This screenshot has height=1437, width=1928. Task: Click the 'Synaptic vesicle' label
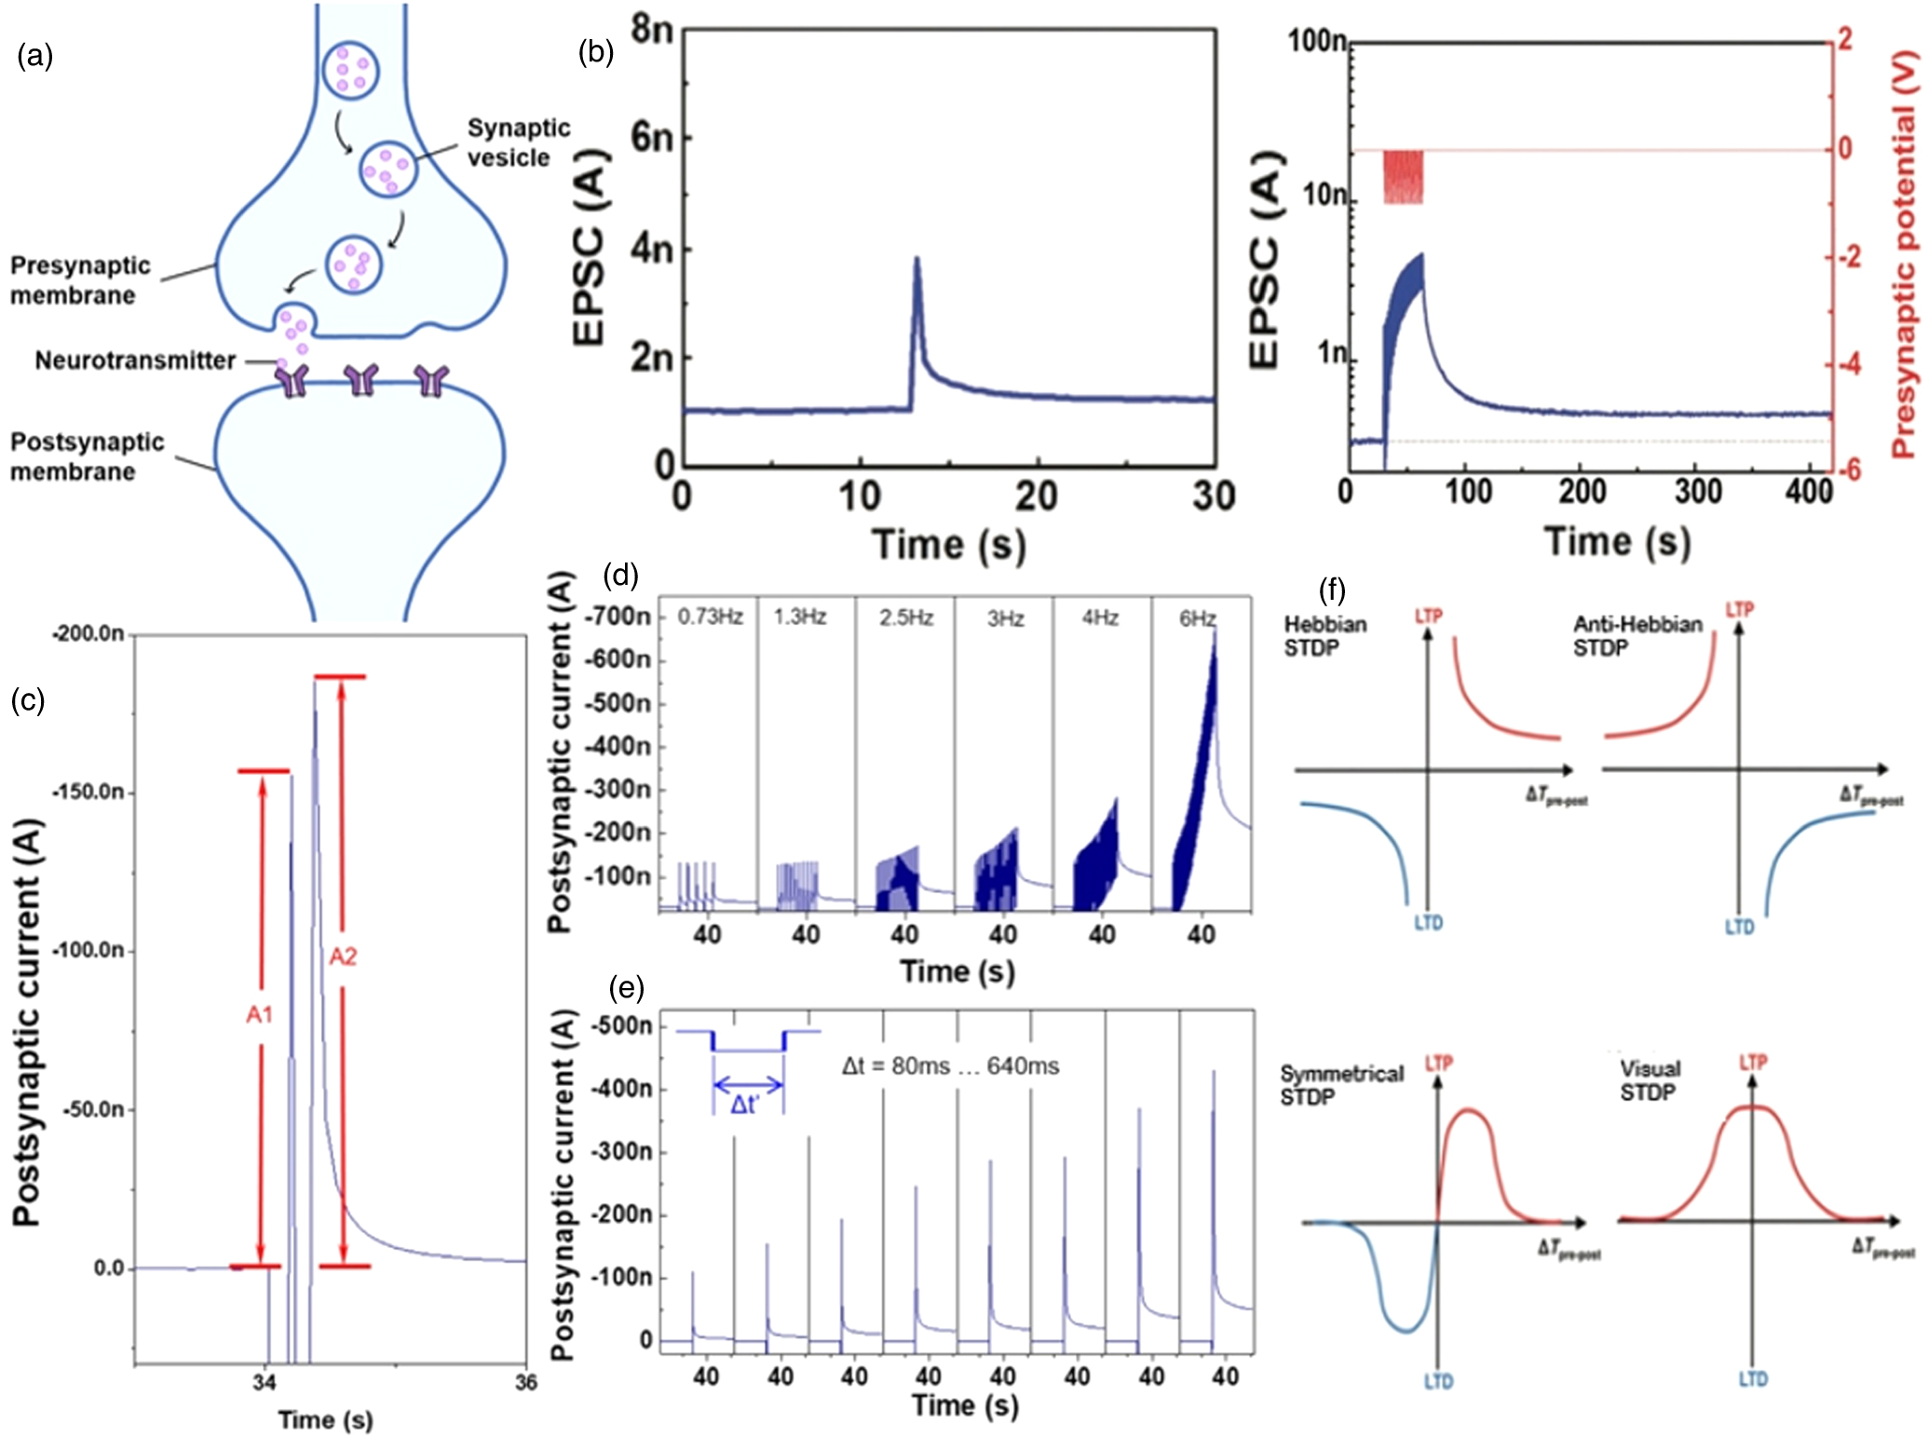click(x=518, y=142)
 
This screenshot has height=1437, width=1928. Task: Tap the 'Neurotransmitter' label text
click(x=135, y=360)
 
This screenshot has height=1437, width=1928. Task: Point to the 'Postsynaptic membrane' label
click(x=87, y=456)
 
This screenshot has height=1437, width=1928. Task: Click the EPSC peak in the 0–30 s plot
click(x=916, y=260)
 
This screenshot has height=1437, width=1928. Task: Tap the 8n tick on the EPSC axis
click(x=651, y=29)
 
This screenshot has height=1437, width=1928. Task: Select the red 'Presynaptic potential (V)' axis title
click(x=1906, y=251)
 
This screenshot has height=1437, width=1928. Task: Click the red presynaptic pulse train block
click(x=1403, y=177)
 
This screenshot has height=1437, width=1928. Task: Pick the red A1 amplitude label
click(x=259, y=1014)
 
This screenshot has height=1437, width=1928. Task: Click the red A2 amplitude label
click(x=343, y=956)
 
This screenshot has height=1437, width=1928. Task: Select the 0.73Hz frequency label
click(x=710, y=617)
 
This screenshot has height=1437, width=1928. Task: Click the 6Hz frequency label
click(x=1197, y=618)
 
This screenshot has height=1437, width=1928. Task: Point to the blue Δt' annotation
click(x=745, y=1105)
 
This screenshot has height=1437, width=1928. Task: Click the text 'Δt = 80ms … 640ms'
click(x=950, y=1066)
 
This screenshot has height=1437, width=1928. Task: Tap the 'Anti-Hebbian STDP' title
click(x=1636, y=635)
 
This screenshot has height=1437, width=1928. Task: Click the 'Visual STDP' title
click(x=1650, y=1080)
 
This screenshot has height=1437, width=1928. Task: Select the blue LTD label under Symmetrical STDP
click(x=1438, y=1382)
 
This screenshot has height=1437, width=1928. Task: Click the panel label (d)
click(x=620, y=575)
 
